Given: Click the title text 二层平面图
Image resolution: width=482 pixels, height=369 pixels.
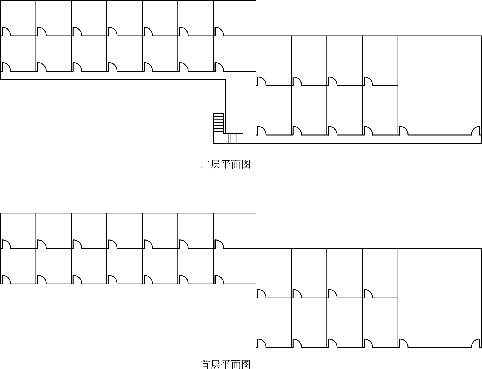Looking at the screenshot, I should point(225,165).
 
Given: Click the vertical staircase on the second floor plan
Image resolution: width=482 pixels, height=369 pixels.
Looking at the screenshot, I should point(218,123).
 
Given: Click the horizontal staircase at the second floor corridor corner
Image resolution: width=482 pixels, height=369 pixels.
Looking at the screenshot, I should point(233,138).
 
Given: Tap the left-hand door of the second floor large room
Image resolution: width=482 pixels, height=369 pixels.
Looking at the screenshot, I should point(403,131).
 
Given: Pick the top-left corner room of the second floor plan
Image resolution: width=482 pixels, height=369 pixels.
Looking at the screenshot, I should point(18,16).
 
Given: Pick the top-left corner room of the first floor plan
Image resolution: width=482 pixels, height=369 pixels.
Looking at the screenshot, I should point(18,229).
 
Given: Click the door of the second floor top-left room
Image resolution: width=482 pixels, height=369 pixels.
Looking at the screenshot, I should point(6,31).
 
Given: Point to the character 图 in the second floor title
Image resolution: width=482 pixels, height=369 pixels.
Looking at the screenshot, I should point(246,165).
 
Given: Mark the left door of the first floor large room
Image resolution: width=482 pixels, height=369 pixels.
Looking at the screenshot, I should point(403,343).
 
